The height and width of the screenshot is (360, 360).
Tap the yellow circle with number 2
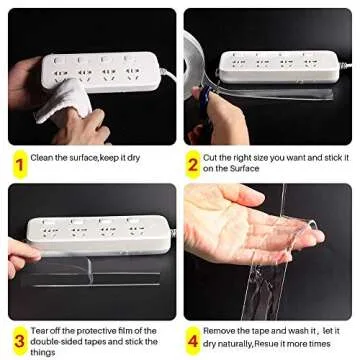[192, 162]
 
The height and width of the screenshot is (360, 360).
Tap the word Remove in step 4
[219, 330]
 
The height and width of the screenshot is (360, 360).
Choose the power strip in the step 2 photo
[270, 65]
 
